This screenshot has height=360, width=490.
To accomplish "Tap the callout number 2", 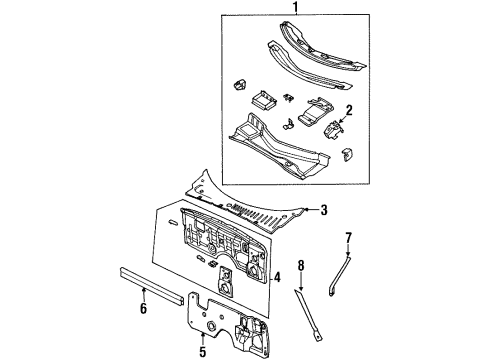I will click(348, 110).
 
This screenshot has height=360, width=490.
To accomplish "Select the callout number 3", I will click(324, 209).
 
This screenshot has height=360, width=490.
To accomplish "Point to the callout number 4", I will click(277, 277).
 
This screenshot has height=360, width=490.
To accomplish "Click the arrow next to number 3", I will click(310, 210).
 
